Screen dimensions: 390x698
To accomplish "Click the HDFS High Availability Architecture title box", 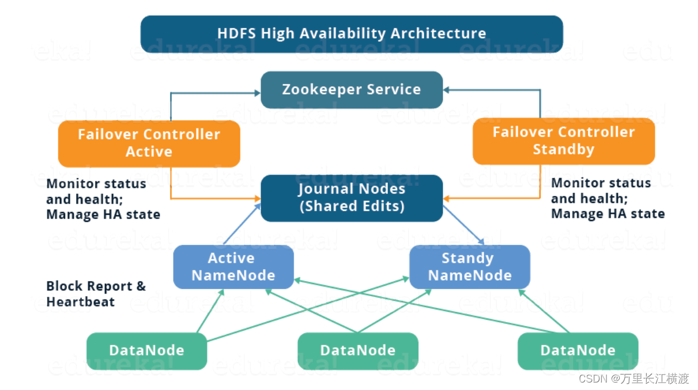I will [352, 33].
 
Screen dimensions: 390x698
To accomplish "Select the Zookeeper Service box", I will [352, 90].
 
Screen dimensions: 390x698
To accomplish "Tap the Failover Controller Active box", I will [149, 143].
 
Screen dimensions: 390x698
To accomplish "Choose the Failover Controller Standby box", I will [563, 141].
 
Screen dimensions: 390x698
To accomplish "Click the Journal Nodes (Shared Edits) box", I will [352, 198].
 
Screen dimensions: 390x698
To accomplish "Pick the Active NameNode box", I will [233, 267].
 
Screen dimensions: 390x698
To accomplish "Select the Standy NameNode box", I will [469, 267].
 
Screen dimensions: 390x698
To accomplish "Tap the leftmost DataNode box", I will [146, 350].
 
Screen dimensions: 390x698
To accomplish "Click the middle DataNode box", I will [357, 350].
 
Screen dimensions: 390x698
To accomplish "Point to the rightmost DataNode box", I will [578, 350].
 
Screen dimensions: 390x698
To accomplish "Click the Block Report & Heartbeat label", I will [96, 294].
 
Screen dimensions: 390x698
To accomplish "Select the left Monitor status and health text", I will [103, 199].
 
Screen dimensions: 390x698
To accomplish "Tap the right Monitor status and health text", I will [608, 198].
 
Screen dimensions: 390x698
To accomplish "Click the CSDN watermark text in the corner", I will [633, 378].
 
